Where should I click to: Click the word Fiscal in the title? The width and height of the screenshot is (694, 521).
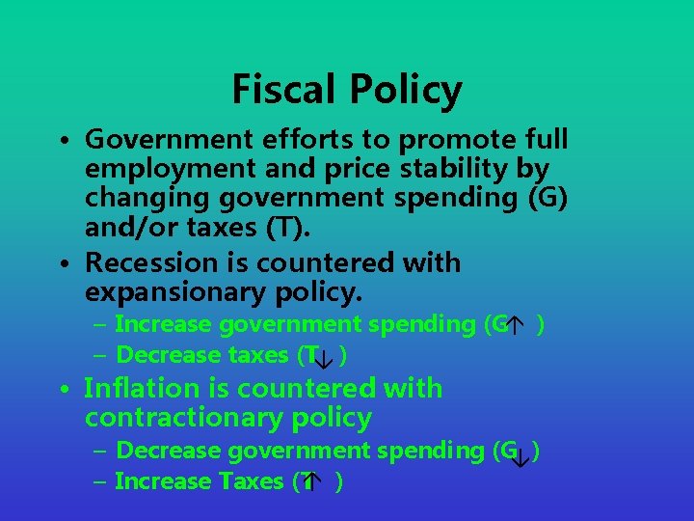click(279, 90)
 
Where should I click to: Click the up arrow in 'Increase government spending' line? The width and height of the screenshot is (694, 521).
click(518, 326)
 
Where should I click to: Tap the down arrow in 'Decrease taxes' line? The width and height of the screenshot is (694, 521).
click(325, 358)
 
